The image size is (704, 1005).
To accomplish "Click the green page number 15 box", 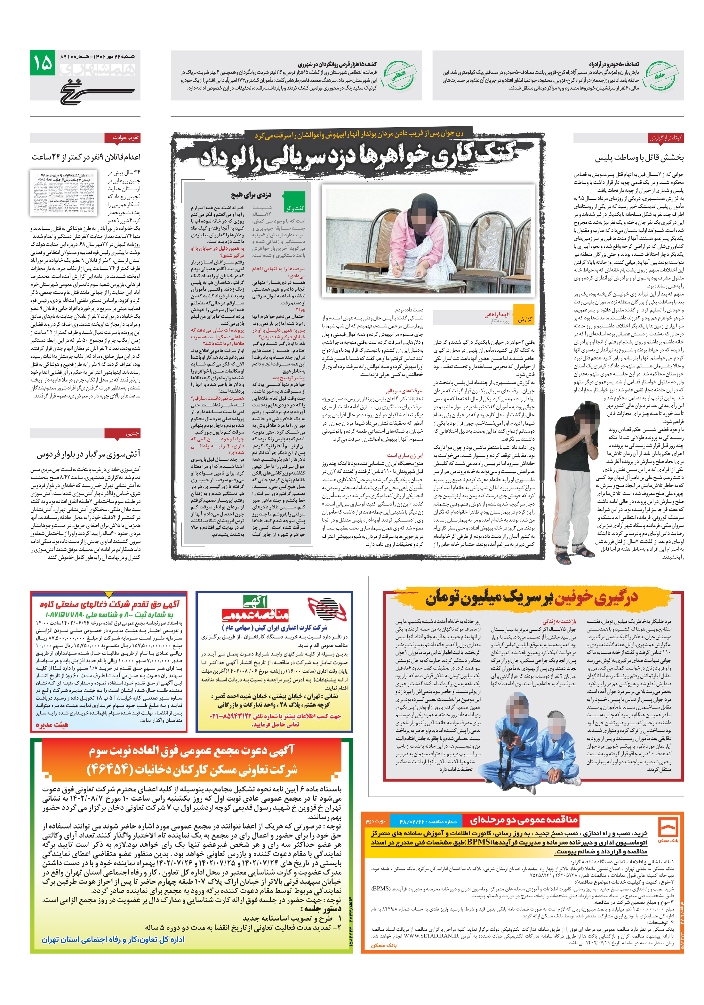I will pos(43,63).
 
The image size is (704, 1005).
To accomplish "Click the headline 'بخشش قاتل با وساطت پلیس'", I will pos(639,158).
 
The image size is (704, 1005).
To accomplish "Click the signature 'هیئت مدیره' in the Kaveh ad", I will pos(52,725).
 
